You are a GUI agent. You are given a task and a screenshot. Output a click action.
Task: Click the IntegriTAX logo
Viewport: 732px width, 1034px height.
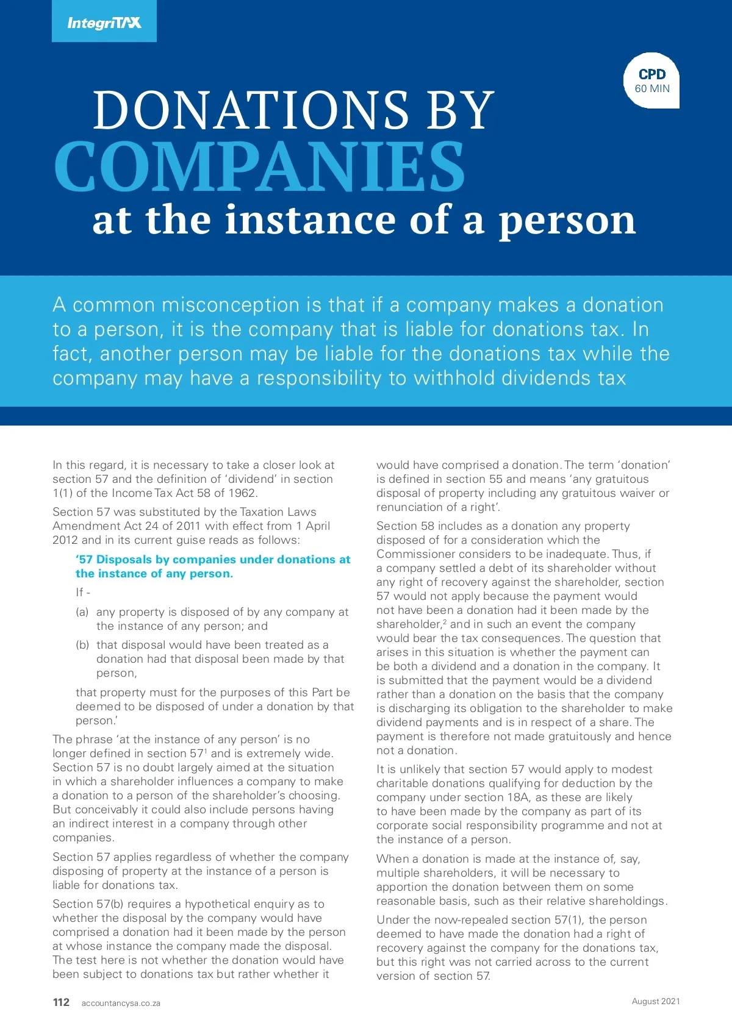[x=104, y=23]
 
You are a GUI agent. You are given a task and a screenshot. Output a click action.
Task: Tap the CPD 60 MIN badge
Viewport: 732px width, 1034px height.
[x=651, y=80]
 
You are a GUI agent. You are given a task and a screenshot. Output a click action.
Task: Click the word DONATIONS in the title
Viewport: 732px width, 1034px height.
[x=250, y=110]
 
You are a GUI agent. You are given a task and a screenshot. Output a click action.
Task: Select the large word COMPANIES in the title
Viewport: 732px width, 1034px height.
[x=259, y=166]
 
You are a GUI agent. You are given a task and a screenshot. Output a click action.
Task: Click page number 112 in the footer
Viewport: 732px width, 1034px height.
[x=61, y=1002]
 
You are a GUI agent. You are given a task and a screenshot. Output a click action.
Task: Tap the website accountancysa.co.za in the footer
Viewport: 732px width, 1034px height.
[x=121, y=1003]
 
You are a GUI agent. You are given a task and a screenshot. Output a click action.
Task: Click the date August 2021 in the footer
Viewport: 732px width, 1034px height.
[x=656, y=1001]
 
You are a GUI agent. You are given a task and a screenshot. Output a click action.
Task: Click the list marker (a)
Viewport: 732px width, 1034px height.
[x=82, y=612]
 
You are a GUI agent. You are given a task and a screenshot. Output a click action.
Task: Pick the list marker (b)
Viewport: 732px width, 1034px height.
[x=82, y=645]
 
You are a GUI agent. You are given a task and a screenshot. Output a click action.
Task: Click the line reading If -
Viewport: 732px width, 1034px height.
[x=83, y=592]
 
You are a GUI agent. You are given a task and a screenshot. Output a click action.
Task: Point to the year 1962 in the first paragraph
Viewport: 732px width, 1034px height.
[x=243, y=493]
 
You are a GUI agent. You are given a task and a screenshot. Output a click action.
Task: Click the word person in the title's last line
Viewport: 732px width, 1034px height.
[x=567, y=221]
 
